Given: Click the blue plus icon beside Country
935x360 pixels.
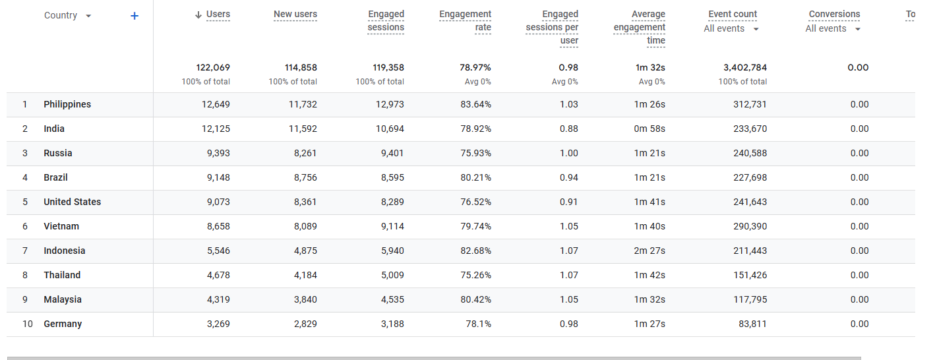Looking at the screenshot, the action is pos(135,16).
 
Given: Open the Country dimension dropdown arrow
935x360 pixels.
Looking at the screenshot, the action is pos(88,16).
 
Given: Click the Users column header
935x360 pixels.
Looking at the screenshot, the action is pos(218,15).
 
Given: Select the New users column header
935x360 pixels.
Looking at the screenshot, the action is pos(295,15).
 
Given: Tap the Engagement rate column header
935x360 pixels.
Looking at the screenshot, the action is pos(465,21).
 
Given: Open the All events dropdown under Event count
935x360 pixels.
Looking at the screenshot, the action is pos(756,29).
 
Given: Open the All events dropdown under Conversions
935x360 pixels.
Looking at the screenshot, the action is pos(858,29).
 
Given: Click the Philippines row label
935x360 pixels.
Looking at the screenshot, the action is pos(67,104).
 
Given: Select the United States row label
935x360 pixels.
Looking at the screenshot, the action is pos(73,202).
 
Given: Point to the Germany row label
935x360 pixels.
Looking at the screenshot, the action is pos(63,324).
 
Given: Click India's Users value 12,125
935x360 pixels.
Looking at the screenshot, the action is pos(216,129).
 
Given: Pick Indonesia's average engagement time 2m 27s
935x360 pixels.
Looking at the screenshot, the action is pos(649,251).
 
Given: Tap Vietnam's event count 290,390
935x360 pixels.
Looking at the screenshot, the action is pos(750,227).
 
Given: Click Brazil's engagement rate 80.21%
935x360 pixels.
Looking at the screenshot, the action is pos(476,178).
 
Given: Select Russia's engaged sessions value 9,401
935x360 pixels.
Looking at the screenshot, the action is pos(392,153).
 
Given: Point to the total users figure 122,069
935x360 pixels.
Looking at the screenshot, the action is pos(213,67).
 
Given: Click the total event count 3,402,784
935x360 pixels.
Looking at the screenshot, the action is pos(745,67).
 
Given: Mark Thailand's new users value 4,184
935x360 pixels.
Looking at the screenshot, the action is pos(305,276).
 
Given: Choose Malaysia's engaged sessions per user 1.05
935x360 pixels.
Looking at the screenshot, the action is pos(569,299).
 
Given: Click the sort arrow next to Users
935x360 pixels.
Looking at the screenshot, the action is pos(198,15).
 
